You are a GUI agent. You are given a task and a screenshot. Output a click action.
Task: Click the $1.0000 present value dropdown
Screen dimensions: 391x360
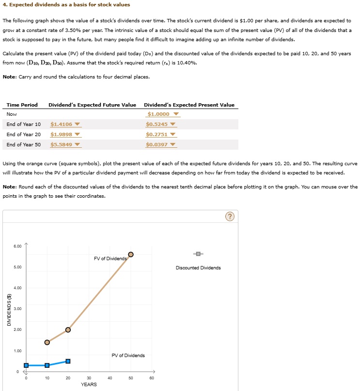tap(162, 114)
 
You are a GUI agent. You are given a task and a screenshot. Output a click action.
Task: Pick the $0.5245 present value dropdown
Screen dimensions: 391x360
tap(160, 125)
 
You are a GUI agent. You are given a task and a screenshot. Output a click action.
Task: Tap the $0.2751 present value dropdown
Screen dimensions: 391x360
tap(160, 135)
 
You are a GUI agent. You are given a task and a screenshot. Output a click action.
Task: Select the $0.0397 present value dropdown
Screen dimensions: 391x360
tap(160, 145)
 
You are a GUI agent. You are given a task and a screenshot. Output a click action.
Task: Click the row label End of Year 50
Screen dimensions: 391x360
tap(24, 145)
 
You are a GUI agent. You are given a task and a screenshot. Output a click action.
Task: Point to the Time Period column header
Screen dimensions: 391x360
tap(22, 105)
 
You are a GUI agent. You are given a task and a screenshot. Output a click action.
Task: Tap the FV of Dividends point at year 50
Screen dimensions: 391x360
tap(131, 254)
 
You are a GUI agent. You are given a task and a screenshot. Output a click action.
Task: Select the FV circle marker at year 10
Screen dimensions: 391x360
tap(47, 342)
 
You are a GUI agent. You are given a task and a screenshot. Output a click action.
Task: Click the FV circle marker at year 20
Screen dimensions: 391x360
tap(68, 330)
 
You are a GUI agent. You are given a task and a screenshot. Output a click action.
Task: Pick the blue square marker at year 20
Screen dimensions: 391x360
tap(68, 361)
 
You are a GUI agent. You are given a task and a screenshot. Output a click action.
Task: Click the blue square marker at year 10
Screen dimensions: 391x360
tap(47, 365)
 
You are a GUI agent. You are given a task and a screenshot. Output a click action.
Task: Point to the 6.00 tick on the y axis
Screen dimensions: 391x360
tap(17, 247)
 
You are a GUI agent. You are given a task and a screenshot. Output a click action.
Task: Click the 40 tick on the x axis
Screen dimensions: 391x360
tap(110, 378)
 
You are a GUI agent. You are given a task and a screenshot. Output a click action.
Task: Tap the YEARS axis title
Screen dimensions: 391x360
tap(89, 385)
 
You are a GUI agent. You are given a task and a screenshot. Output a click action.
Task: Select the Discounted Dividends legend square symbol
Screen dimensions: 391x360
tap(198, 254)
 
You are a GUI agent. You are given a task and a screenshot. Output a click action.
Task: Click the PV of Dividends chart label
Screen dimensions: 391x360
tap(128, 356)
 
